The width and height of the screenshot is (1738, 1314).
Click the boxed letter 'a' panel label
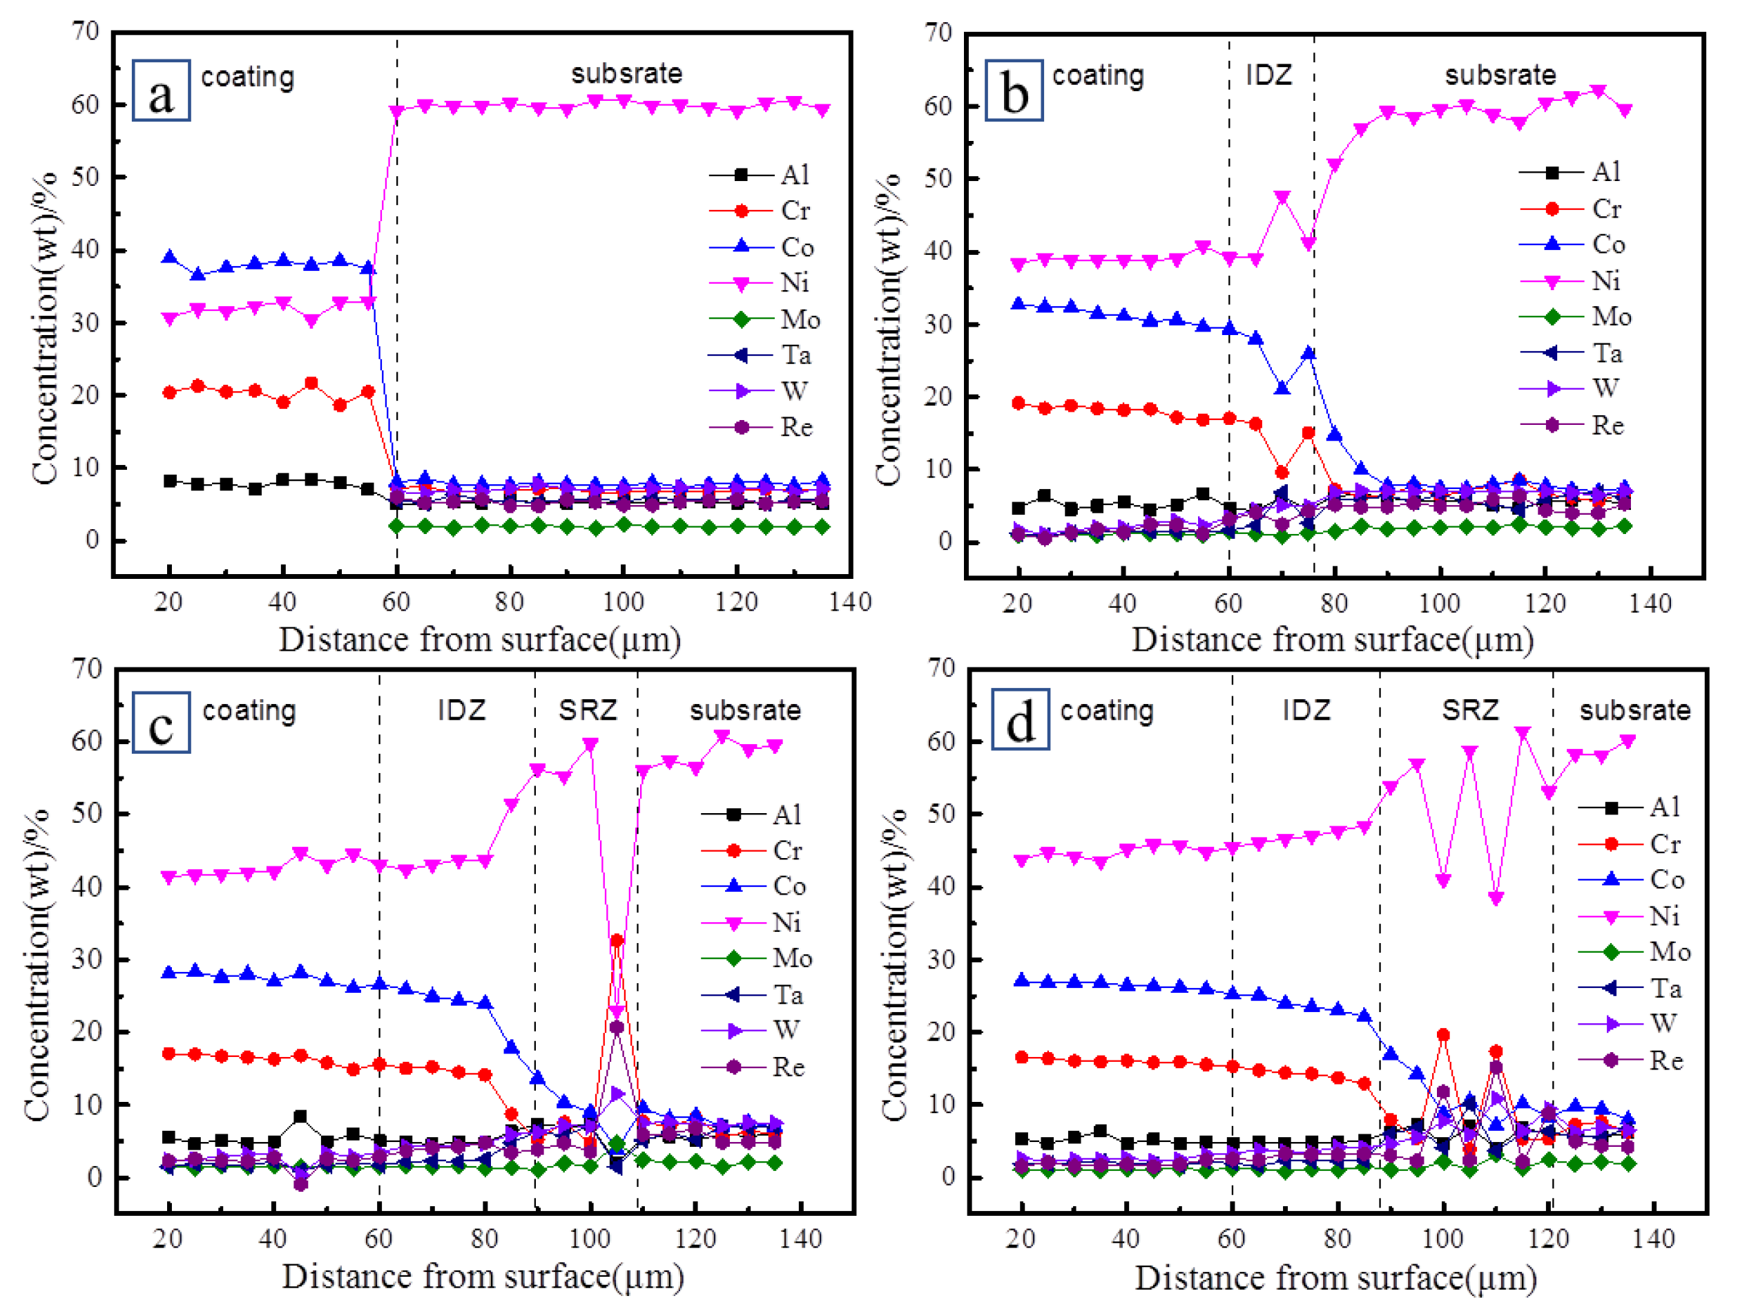(161, 91)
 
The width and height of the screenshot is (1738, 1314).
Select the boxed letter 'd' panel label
(1020, 720)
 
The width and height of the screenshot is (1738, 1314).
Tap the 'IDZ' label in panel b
(1268, 75)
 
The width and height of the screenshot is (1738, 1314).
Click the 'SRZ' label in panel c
(588, 710)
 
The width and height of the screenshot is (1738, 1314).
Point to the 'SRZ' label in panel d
(1470, 710)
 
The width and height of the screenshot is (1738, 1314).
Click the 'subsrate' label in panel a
(626, 74)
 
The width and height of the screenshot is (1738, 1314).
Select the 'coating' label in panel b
(1098, 75)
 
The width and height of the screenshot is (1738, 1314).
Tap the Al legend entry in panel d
(1642, 807)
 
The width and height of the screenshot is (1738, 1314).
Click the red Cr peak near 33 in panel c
(617, 941)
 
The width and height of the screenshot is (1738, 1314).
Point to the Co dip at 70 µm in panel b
(1282, 388)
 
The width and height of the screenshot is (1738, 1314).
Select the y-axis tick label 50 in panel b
(938, 178)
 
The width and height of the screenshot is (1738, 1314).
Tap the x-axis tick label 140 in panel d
(1654, 1239)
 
